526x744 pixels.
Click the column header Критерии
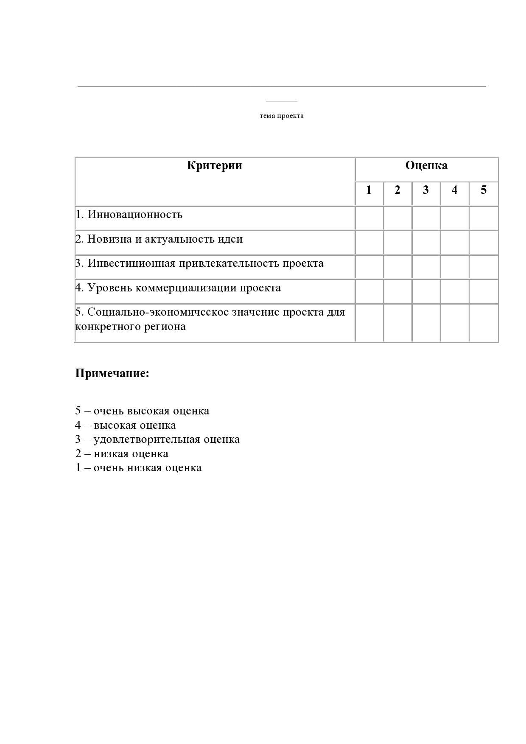[x=214, y=165]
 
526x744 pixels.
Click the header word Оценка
[x=426, y=165]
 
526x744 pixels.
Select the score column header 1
[x=369, y=190]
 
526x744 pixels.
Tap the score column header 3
[x=425, y=190]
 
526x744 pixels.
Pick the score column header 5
[x=484, y=190]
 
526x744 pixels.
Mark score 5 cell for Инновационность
[x=484, y=218]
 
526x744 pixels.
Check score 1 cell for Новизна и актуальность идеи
[x=369, y=243]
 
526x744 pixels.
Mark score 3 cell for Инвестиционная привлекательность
[x=426, y=267]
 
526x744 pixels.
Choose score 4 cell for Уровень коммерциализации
[x=455, y=291]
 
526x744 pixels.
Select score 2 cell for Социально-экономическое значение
[x=397, y=323]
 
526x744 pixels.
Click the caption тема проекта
[x=282, y=116]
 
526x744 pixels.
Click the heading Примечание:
[x=112, y=374]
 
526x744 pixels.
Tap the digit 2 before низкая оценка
[x=78, y=454]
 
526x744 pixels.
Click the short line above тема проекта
[x=282, y=101]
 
